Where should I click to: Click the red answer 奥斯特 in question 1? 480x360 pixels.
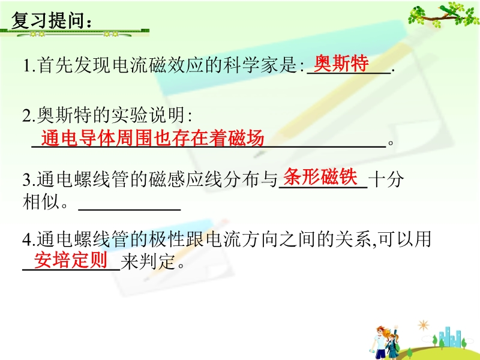pos(341,63)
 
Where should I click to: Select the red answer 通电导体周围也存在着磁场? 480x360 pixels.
pos(152,138)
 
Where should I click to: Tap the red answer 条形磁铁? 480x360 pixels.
pos(320,177)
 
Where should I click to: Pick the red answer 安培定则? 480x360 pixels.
pos(71,260)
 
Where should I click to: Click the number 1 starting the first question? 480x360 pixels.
pos(26,65)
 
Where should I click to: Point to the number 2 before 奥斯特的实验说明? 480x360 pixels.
pos(26,116)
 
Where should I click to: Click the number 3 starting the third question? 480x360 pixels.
pos(26,179)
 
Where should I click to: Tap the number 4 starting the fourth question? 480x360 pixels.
pos(26,239)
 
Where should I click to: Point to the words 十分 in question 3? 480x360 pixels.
pos(386,179)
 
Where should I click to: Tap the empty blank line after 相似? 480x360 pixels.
pos(130,209)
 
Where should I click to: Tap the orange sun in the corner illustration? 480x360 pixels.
pos(424,325)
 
